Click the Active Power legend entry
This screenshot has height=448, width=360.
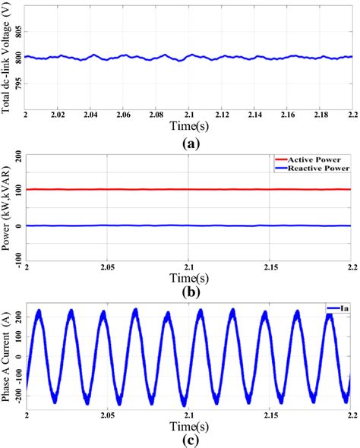pos(319,159)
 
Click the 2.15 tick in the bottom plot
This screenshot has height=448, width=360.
pos(270,417)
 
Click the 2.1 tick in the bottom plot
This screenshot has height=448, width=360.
pos(189,417)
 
